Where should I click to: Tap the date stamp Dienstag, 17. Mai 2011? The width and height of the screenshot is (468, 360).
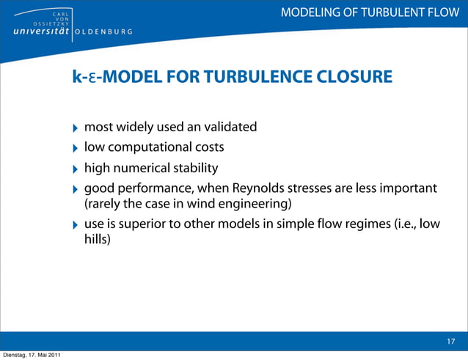[x=31, y=356]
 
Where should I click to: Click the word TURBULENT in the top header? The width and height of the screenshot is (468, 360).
[x=397, y=12]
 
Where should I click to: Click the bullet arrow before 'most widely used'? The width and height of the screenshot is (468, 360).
[x=73, y=128]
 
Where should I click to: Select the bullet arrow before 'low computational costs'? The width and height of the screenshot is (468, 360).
[x=73, y=149]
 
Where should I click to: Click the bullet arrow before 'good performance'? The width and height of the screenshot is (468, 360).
[x=73, y=190]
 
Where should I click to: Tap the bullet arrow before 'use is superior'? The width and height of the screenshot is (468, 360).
[x=73, y=226]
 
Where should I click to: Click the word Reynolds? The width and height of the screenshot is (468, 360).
[x=262, y=189]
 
